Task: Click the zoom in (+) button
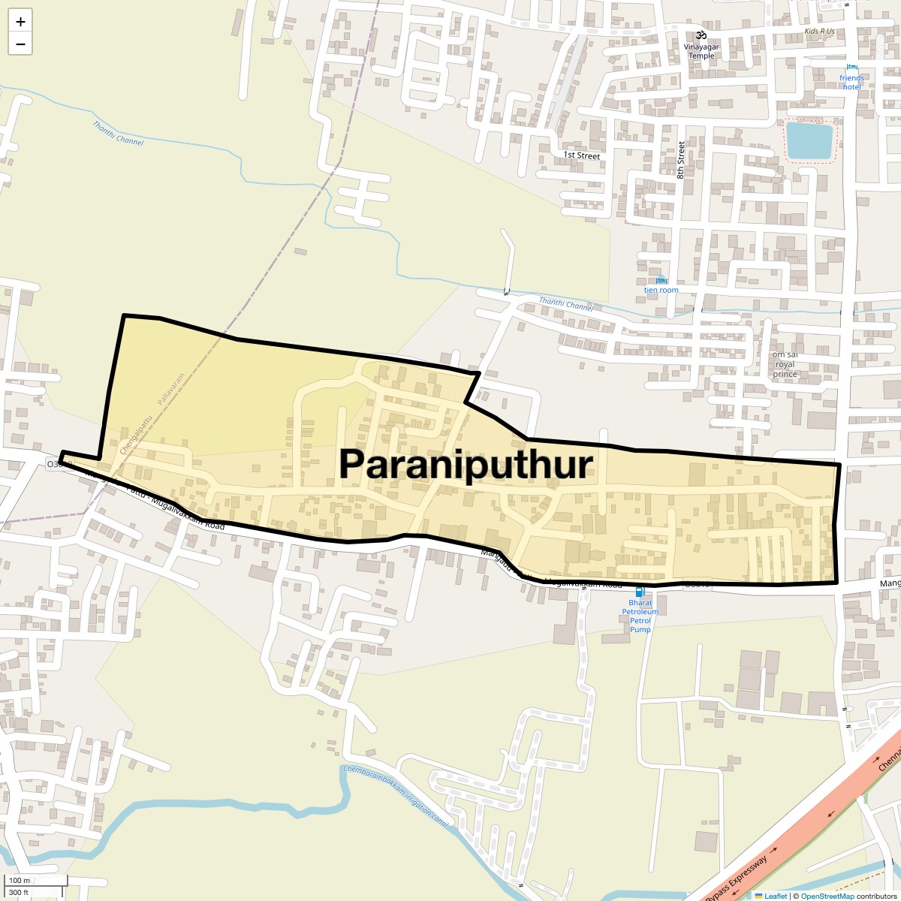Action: click(20, 22)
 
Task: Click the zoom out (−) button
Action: click(20, 44)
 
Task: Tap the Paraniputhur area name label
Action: click(466, 464)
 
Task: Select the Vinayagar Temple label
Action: click(701, 51)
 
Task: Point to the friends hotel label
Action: click(851, 82)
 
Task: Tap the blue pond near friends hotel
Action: click(809, 141)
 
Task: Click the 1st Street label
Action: click(582, 155)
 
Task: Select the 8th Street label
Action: click(681, 159)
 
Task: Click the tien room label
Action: click(661, 290)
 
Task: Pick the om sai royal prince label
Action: click(785, 364)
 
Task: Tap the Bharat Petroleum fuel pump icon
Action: click(640, 592)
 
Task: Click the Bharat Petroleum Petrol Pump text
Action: click(640, 616)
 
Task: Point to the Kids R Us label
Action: click(819, 32)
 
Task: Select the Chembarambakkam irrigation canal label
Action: click(396, 796)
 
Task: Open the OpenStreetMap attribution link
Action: click(827, 896)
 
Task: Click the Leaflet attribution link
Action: click(776, 896)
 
